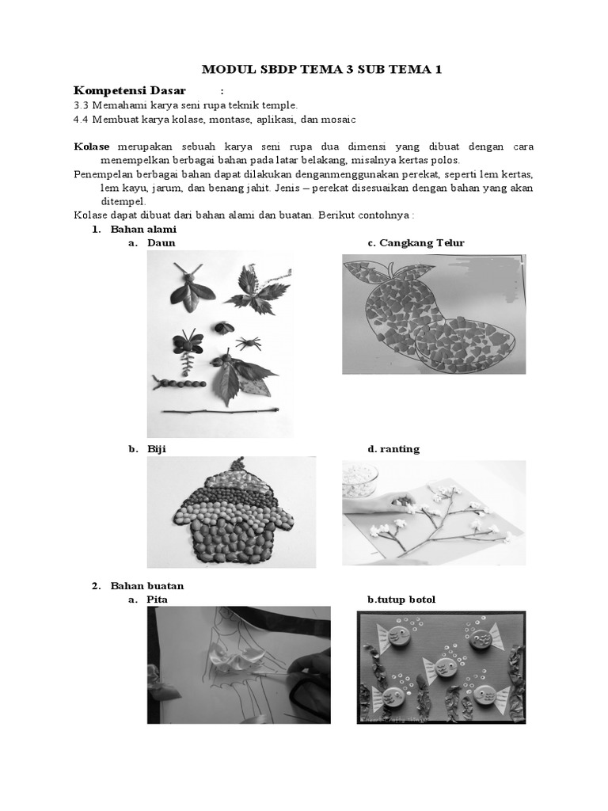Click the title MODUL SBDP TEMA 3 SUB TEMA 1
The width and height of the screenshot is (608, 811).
pos(321,70)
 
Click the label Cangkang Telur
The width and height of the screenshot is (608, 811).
pos(421,242)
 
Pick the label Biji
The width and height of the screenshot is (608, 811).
pos(156,448)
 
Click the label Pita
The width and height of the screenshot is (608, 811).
pos(157,600)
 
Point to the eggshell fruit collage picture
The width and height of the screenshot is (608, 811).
pos(433,314)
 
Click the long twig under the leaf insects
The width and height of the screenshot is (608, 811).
pos(218,411)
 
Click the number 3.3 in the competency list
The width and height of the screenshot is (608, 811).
pos(81,105)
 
